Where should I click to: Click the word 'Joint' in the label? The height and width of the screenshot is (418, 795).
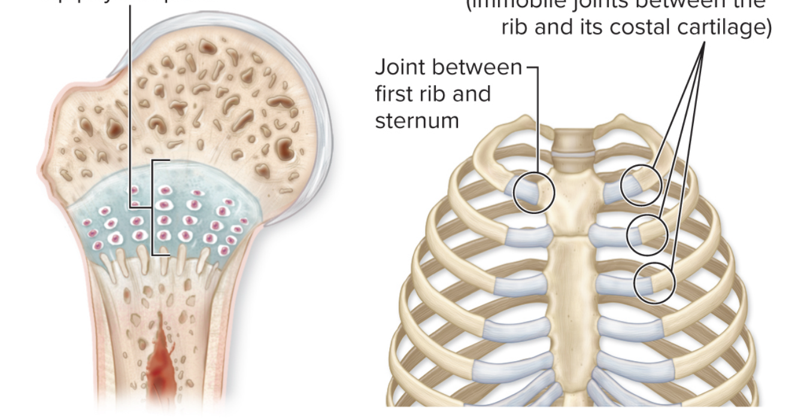pyautogui.click(x=400, y=68)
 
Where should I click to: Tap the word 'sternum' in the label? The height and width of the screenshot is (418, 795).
pyautogui.click(x=416, y=120)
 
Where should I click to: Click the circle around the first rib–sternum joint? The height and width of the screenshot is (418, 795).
pyautogui.click(x=534, y=192)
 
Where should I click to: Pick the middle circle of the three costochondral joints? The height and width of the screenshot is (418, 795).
pyautogui.click(x=647, y=234)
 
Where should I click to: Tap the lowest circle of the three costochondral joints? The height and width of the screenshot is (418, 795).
pyautogui.click(x=654, y=283)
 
